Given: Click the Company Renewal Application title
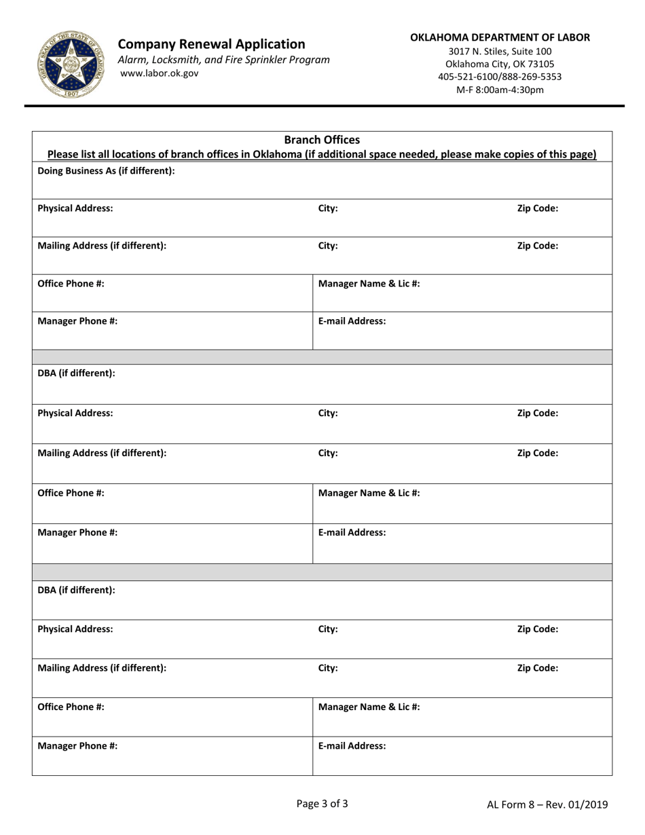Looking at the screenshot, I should pyautogui.click(x=211, y=44).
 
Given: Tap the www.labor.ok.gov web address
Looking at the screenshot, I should pyautogui.click(x=160, y=73).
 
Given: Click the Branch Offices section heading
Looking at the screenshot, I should pyautogui.click(x=322, y=141).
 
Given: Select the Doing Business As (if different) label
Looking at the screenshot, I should pyautogui.click(x=106, y=171).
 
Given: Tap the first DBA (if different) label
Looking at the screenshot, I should pyautogui.click(x=76, y=373).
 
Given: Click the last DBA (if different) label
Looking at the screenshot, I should pyautogui.click(x=76, y=590).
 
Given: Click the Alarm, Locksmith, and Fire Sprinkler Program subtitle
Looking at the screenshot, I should pyautogui.click(x=224, y=59).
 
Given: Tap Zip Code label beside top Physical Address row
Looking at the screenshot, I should pyautogui.click(x=538, y=209).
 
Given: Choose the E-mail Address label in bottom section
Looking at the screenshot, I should pyautogui.click(x=352, y=745).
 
